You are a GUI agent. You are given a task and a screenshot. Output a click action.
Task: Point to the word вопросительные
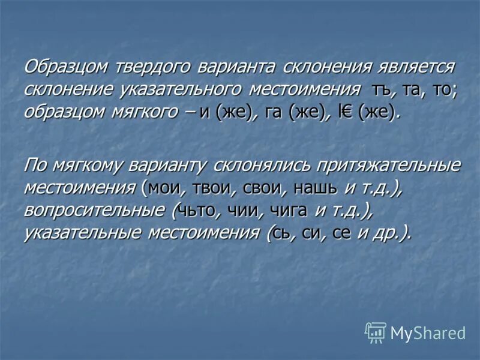(95, 210)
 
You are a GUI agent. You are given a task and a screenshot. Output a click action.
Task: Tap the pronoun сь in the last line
(284, 233)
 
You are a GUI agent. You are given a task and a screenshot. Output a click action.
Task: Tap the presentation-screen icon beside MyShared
(376, 332)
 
